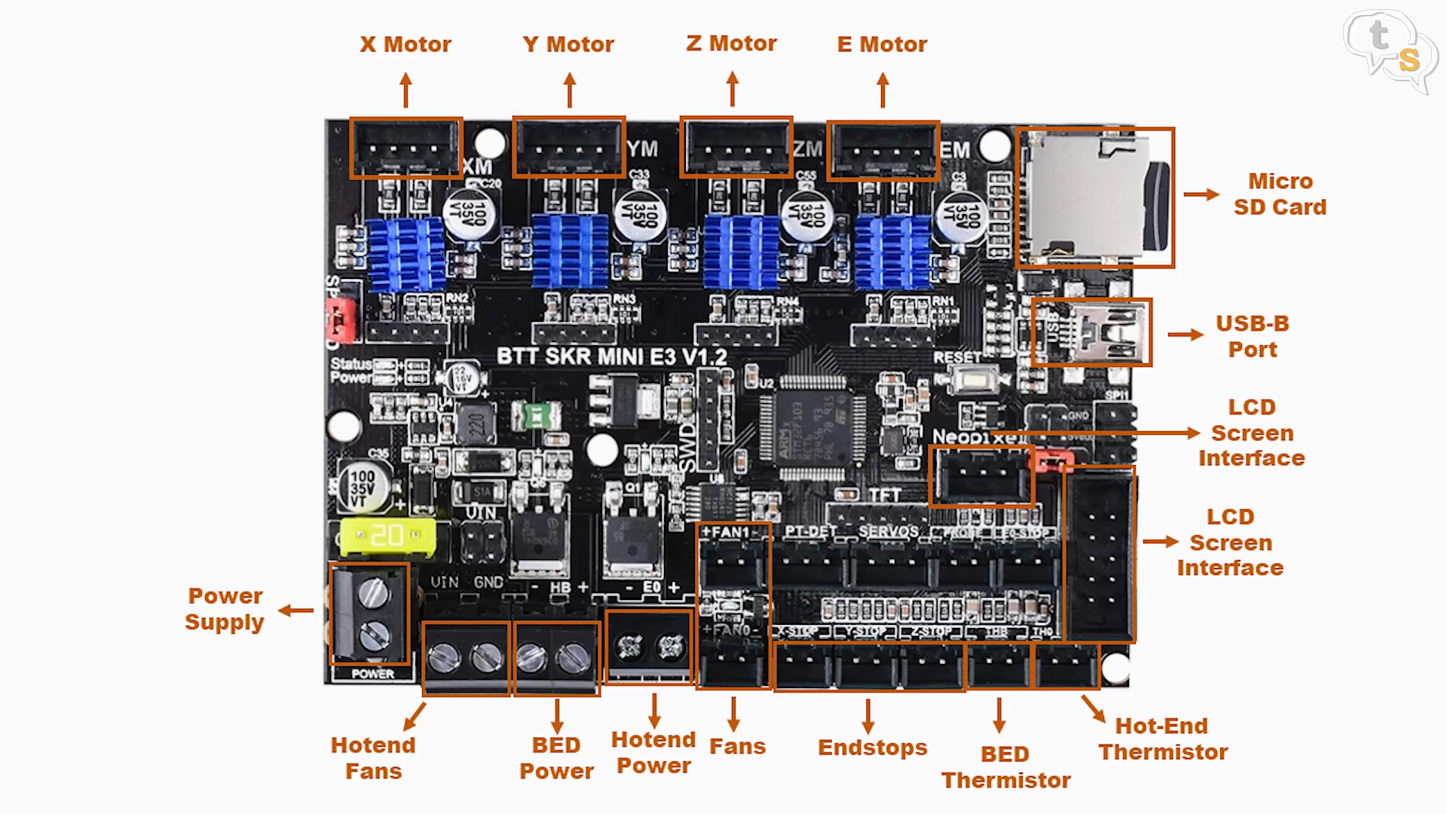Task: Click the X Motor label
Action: point(405,44)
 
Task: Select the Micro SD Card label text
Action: point(1280,194)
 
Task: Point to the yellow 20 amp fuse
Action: point(387,536)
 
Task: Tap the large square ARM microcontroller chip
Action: point(812,427)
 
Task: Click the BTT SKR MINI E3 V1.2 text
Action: point(612,357)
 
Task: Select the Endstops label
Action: point(872,748)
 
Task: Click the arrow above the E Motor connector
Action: point(883,90)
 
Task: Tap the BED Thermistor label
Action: point(1005,767)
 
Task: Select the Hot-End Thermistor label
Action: point(1163,739)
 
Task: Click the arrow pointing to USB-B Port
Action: point(1185,335)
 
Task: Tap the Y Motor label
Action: point(568,44)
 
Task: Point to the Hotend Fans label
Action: point(373,758)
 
